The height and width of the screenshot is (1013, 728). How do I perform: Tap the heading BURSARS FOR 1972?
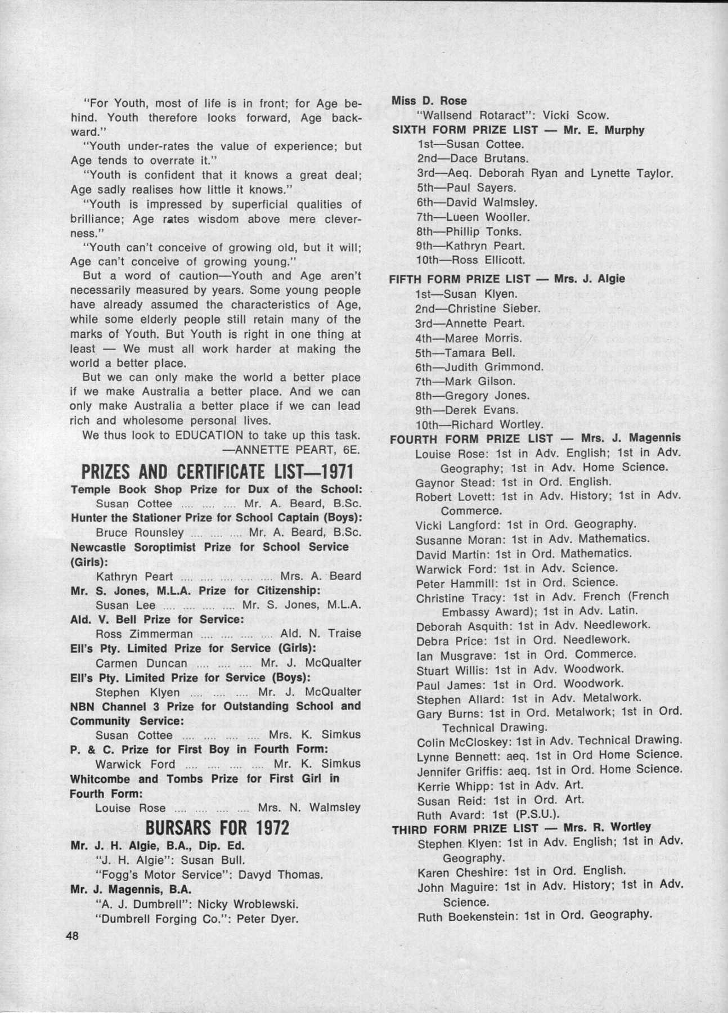[x=217, y=828]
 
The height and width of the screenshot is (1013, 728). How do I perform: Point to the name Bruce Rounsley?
[x=140, y=532]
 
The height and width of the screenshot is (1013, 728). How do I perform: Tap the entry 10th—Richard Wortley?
[x=479, y=425]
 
